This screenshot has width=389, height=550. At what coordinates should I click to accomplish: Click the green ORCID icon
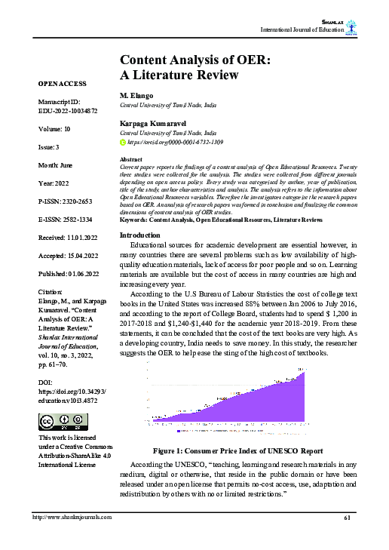coord(124,142)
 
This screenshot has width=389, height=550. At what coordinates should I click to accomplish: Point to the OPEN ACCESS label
coord(61,83)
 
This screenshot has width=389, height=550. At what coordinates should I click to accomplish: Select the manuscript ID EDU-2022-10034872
coord(67,110)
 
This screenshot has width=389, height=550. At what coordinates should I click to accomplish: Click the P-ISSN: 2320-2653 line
coord(68,201)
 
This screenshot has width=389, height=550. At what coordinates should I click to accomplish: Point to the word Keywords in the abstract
coord(136,219)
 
